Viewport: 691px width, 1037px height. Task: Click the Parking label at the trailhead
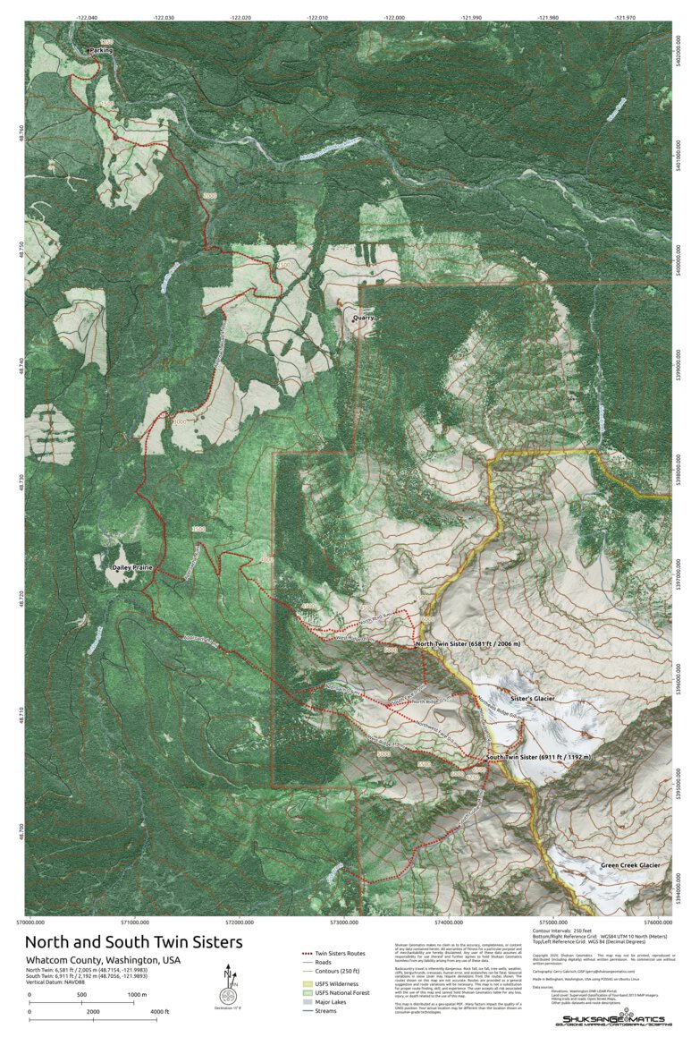pos(102,51)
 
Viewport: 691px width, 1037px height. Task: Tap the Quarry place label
pos(363,318)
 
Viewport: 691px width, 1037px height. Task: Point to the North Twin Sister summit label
pos(468,644)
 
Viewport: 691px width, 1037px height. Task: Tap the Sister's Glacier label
pos(533,697)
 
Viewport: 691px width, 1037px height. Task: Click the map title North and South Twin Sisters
pos(133,942)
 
